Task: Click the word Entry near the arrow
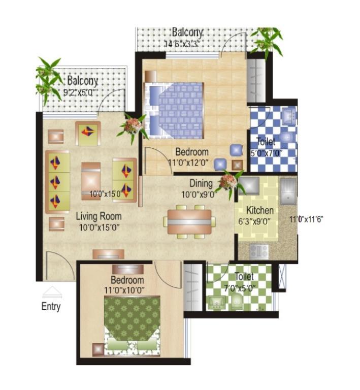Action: click(51, 306)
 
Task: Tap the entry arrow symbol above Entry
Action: click(52, 292)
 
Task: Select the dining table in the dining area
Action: click(189, 221)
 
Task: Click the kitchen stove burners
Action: click(259, 251)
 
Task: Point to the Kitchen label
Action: click(260, 210)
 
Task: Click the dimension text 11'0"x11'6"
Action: click(306, 219)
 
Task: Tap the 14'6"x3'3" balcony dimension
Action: click(182, 44)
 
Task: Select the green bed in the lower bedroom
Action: click(132, 326)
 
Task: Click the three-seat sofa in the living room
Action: click(57, 182)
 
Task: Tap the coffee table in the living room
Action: click(91, 181)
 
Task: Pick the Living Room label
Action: click(99, 216)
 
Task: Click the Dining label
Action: click(201, 183)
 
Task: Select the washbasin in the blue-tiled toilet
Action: click(289, 116)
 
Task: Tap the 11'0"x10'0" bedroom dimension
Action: click(124, 290)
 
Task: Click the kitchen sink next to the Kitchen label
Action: click(288, 191)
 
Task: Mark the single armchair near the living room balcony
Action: click(88, 134)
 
